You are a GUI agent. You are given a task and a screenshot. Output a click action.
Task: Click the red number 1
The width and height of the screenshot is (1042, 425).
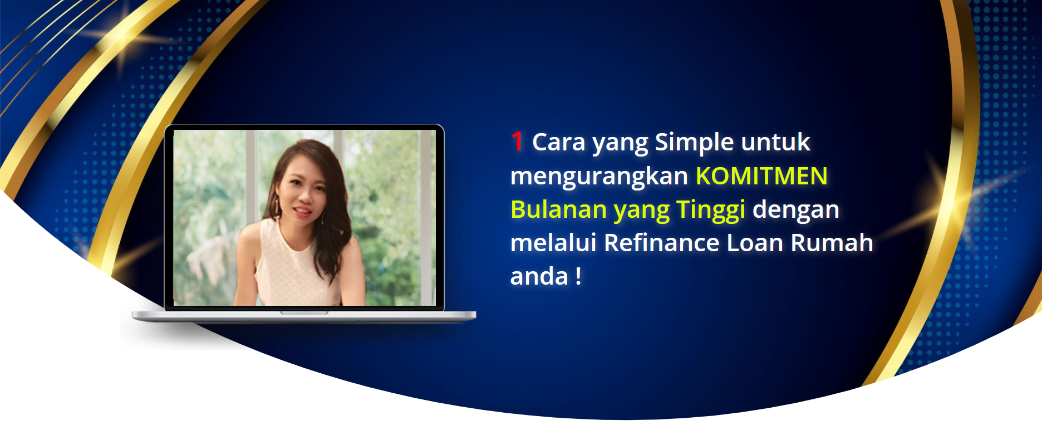point(517,141)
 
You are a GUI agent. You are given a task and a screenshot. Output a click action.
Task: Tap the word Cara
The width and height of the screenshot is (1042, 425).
point(559,142)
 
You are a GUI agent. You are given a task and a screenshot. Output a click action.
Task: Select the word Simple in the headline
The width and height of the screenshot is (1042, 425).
point(694,143)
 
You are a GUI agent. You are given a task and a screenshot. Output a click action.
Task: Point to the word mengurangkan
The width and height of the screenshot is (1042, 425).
point(599,177)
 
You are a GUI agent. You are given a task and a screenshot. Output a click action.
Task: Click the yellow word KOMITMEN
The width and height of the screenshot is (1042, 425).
point(761,176)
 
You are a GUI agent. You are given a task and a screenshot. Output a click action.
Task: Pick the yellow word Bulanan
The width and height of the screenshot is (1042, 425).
point(558,209)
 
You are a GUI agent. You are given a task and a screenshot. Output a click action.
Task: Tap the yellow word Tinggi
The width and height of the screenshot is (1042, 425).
point(711,211)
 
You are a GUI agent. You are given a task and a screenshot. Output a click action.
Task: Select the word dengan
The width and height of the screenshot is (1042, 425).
point(796,211)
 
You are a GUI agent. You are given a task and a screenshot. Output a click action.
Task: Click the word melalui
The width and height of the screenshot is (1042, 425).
point(553,243)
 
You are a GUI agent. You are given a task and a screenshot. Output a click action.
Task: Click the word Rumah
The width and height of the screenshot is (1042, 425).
point(832,243)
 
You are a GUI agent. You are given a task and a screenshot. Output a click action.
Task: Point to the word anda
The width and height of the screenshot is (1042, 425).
point(539,276)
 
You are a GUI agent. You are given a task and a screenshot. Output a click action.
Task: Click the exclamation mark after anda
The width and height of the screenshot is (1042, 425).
point(578,276)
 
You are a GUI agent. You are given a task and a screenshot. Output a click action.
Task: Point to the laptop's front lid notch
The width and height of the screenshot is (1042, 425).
point(304,313)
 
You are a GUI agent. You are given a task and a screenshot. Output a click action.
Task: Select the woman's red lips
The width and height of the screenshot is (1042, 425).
point(301,211)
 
